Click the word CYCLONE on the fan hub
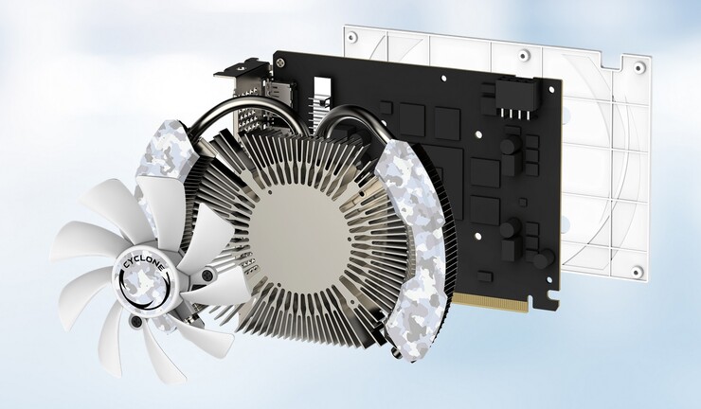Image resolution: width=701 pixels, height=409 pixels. [143, 265]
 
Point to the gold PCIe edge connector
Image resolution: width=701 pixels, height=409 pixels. [491, 303]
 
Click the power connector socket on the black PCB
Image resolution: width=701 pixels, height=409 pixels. [514, 99]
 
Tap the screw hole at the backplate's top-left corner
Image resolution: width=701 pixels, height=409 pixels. [352, 37]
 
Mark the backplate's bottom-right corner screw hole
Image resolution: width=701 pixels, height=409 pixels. [637, 271]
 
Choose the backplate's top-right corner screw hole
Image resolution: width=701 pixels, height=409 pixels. [639, 67]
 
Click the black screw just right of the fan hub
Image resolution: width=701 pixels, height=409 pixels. [207, 275]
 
